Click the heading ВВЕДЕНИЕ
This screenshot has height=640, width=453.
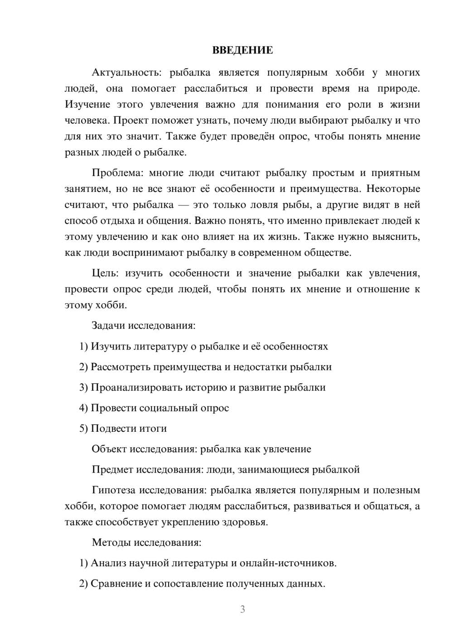pyautogui.click(x=242, y=50)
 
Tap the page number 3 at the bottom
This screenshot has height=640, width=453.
pyautogui.click(x=242, y=609)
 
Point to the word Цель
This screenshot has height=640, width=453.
pyautogui.click(x=105, y=273)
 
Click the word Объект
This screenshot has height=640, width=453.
pyautogui.click(x=109, y=449)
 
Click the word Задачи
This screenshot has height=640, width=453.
pyautogui.click(x=108, y=325)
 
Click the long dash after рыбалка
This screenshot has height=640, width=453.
pyautogui.click(x=183, y=205)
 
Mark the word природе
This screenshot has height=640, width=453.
pyautogui.click(x=399, y=88)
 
